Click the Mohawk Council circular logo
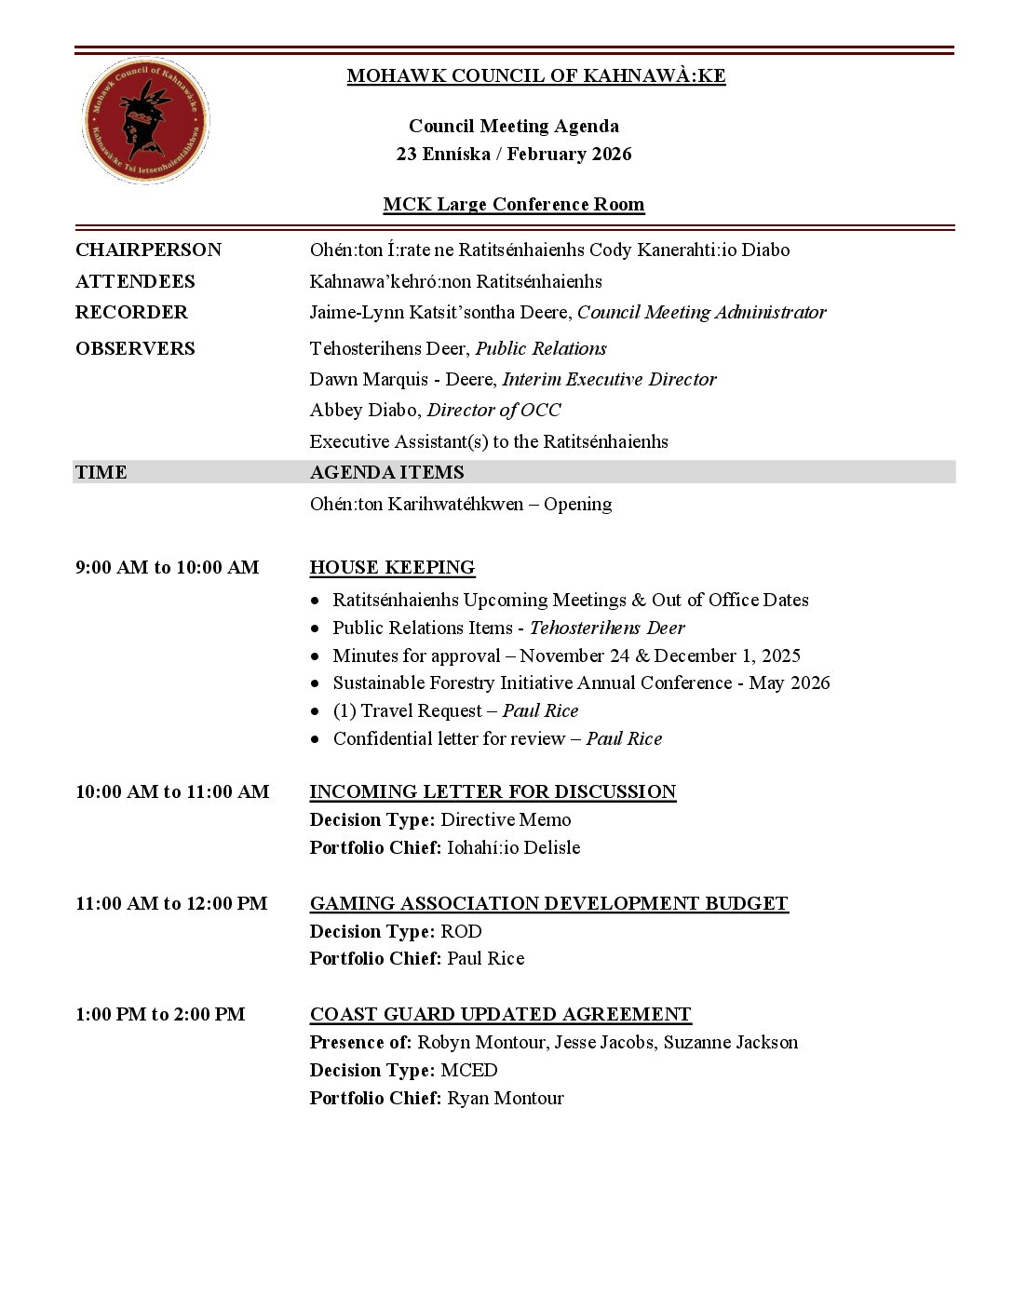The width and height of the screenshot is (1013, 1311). click(x=145, y=121)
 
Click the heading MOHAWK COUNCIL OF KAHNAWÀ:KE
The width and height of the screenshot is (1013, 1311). click(x=535, y=76)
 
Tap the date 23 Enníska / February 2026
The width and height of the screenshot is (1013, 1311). click(x=513, y=154)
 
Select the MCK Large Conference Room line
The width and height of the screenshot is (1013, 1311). click(x=513, y=205)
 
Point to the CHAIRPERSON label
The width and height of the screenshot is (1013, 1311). click(x=148, y=250)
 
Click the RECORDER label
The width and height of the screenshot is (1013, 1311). click(x=131, y=312)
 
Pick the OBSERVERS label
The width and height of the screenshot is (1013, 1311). click(x=135, y=348)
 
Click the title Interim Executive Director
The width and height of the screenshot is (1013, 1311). click(x=609, y=379)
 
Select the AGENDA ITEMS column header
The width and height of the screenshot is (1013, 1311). click(x=386, y=472)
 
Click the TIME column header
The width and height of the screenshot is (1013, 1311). click(x=101, y=472)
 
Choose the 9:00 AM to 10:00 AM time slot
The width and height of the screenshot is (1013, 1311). click(x=167, y=567)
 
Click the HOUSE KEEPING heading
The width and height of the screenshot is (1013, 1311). click(x=392, y=567)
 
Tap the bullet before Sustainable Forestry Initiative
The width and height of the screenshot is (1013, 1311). click(x=317, y=683)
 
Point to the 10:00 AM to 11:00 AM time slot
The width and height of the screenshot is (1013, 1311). click(x=172, y=791)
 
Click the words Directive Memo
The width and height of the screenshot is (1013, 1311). click(x=506, y=819)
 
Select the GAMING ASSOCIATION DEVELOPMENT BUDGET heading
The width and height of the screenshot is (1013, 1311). click(x=548, y=903)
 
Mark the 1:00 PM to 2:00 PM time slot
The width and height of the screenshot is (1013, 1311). click(x=160, y=1014)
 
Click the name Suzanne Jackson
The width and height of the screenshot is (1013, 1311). click(x=730, y=1042)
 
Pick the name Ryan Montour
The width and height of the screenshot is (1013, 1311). click(x=505, y=1098)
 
